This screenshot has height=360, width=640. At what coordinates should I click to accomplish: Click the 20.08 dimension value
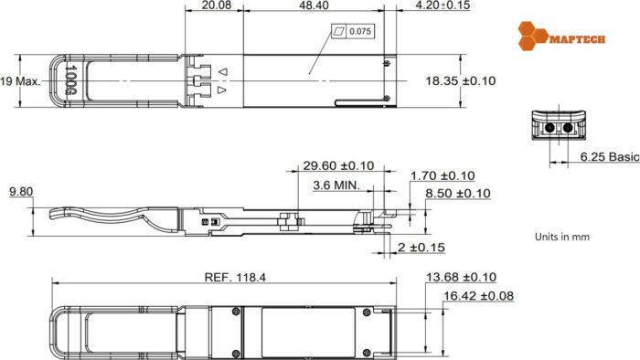point(215,6)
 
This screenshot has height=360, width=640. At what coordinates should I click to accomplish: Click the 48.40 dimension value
point(313,6)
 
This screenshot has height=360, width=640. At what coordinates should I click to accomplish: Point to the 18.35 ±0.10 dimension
point(460,81)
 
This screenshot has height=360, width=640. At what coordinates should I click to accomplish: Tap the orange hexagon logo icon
point(532,36)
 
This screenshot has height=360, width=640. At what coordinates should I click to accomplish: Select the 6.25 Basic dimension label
point(610,157)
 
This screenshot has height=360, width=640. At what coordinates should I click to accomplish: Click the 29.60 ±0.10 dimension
point(338,165)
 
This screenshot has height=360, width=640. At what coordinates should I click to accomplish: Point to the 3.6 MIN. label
point(336,185)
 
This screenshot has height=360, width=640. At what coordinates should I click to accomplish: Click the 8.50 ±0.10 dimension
point(458,194)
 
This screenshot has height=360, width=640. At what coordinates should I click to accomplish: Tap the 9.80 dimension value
point(21,192)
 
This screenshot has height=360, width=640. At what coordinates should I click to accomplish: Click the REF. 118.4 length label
point(234,278)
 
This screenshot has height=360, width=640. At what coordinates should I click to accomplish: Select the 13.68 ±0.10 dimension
point(463,277)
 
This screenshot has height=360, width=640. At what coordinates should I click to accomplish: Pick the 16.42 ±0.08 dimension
point(478,296)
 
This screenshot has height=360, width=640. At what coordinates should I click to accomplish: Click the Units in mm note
point(561,236)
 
